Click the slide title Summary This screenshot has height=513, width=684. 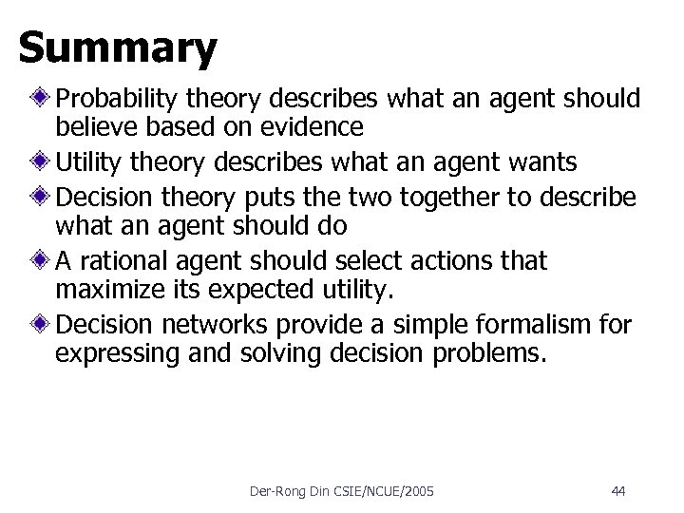coord(118,48)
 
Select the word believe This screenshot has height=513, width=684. coord(92,127)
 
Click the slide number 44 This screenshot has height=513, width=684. coord(617,491)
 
